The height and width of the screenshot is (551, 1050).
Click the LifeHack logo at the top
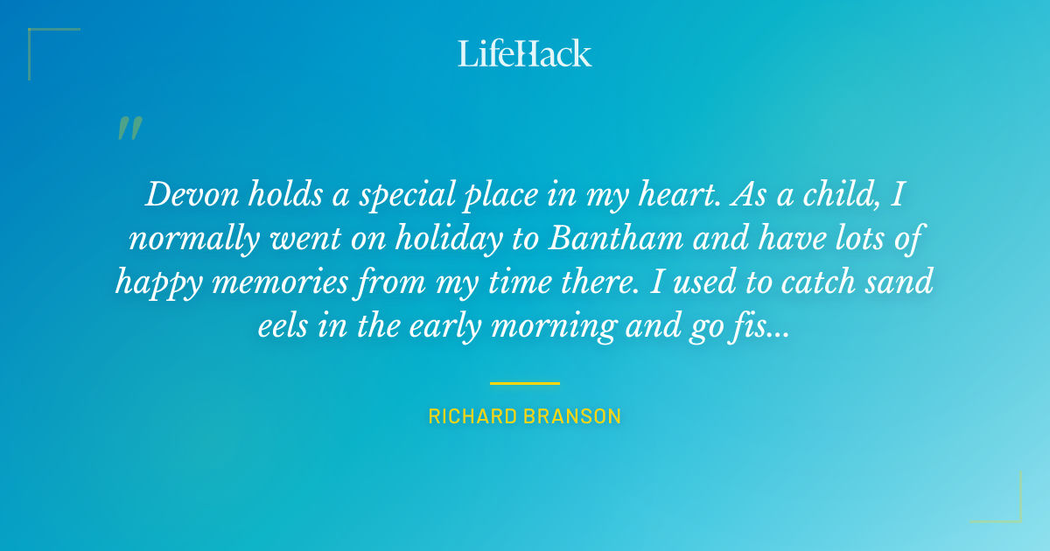[x=525, y=53]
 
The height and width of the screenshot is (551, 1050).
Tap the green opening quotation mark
[x=129, y=128]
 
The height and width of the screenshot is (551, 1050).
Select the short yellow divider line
[x=525, y=383]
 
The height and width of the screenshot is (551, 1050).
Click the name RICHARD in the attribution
[x=473, y=416]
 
